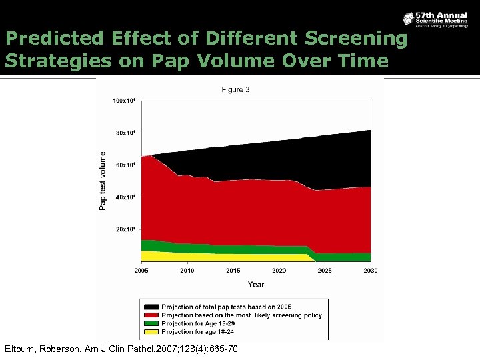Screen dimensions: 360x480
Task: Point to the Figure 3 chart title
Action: pos(235,90)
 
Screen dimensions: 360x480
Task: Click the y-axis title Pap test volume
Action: pos(103,180)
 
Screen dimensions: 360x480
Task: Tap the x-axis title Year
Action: pos(255,284)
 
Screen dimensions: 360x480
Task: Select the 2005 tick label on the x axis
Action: pos(141,271)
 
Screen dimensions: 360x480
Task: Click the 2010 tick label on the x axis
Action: pos(187,271)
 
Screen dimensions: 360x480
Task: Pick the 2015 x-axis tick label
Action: pos(233,271)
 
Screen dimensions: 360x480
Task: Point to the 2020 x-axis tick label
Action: pos(279,271)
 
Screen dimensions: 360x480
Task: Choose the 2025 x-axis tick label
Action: pos(325,271)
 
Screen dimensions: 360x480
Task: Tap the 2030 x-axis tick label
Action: pos(370,271)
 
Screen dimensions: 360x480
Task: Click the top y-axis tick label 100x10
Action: pos(124,101)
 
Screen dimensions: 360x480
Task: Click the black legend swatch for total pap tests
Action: pos(150,307)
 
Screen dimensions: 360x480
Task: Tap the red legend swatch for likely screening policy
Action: pos(150,315)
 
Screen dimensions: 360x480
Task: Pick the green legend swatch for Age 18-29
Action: pos(150,323)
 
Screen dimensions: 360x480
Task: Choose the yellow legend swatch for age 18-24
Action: pos(150,331)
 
